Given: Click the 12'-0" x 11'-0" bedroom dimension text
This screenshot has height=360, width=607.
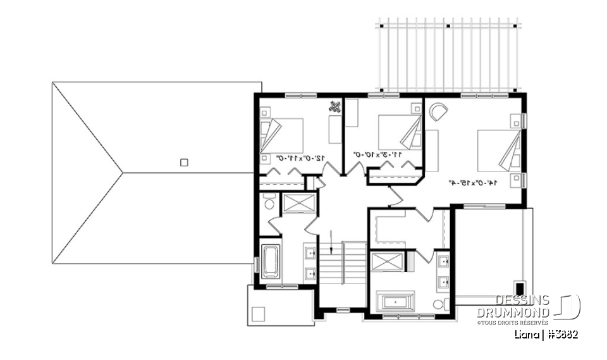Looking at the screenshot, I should click(x=293, y=158).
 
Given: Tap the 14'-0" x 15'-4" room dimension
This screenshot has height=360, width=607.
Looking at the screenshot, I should click(x=472, y=182).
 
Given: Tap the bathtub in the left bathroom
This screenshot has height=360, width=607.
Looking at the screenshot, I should click(x=270, y=261).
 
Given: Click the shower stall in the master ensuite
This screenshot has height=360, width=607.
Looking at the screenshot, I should click(x=386, y=262).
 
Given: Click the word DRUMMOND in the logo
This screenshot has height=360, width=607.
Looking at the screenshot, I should click(x=513, y=313).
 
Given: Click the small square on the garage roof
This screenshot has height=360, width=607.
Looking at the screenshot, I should click(x=184, y=162).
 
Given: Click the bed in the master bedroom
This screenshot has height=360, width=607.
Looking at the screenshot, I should click(x=499, y=151).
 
